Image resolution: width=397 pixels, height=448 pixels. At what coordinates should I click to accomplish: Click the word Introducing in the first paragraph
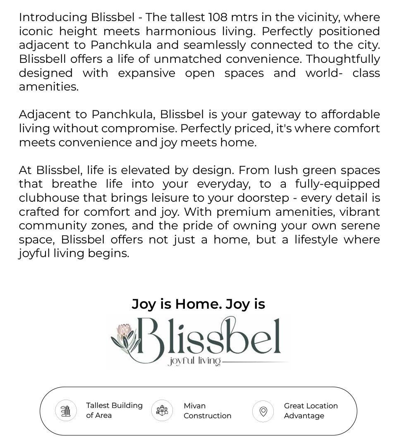[x=53, y=17]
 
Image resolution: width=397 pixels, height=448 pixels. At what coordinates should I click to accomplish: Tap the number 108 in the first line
[x=218, y=17]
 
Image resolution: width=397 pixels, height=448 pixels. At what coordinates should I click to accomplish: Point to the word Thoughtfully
[x=343, y=59]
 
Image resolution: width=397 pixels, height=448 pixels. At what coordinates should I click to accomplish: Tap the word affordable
[x=350, y=114]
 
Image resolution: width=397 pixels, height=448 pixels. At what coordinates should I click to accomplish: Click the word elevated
[x=152, y=170]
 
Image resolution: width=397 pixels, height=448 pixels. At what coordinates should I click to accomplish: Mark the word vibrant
[x=360, y=212]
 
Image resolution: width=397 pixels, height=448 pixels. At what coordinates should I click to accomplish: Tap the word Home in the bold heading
[x=198, y=304]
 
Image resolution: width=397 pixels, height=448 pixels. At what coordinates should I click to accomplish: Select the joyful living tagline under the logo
[x=194, y=362]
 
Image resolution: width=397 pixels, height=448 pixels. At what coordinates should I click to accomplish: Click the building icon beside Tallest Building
[x=66, y=411]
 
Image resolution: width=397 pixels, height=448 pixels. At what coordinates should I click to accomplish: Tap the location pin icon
[x=263, y=411]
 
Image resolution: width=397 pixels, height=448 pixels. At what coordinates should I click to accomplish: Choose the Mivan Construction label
[x=207, y=411]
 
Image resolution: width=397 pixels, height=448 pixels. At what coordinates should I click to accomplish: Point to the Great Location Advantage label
[x=311, y=411]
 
